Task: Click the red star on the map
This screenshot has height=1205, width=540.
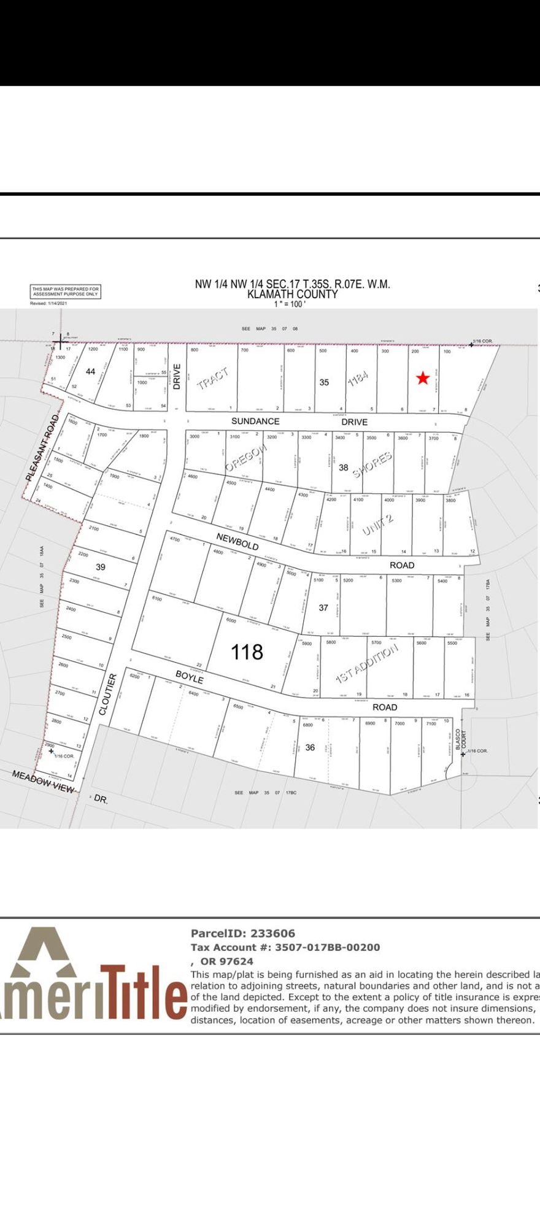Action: coord(422,378)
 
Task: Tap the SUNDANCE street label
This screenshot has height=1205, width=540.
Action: coord(255,421)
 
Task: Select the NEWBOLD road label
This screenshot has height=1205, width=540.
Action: coord(236,541)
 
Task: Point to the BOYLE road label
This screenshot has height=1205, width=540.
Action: coord(189,677)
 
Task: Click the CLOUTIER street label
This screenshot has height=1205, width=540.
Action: coord(107,695)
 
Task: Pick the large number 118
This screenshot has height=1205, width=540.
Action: coord(247,652)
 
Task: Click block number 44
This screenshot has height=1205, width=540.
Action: coord(91,371)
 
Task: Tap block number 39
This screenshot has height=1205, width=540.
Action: coord(100,567)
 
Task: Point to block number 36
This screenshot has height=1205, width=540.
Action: coord(310,747)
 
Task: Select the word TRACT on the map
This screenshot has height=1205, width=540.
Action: coord(212,379)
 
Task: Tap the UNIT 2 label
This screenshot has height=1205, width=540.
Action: coord(377,525)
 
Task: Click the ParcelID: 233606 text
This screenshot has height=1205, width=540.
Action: coord(243,933)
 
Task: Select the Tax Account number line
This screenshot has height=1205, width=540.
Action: coord(285,947)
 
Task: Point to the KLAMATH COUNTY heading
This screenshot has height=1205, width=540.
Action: coord(292,295)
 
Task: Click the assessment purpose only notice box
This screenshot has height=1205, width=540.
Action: coord(66,291)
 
